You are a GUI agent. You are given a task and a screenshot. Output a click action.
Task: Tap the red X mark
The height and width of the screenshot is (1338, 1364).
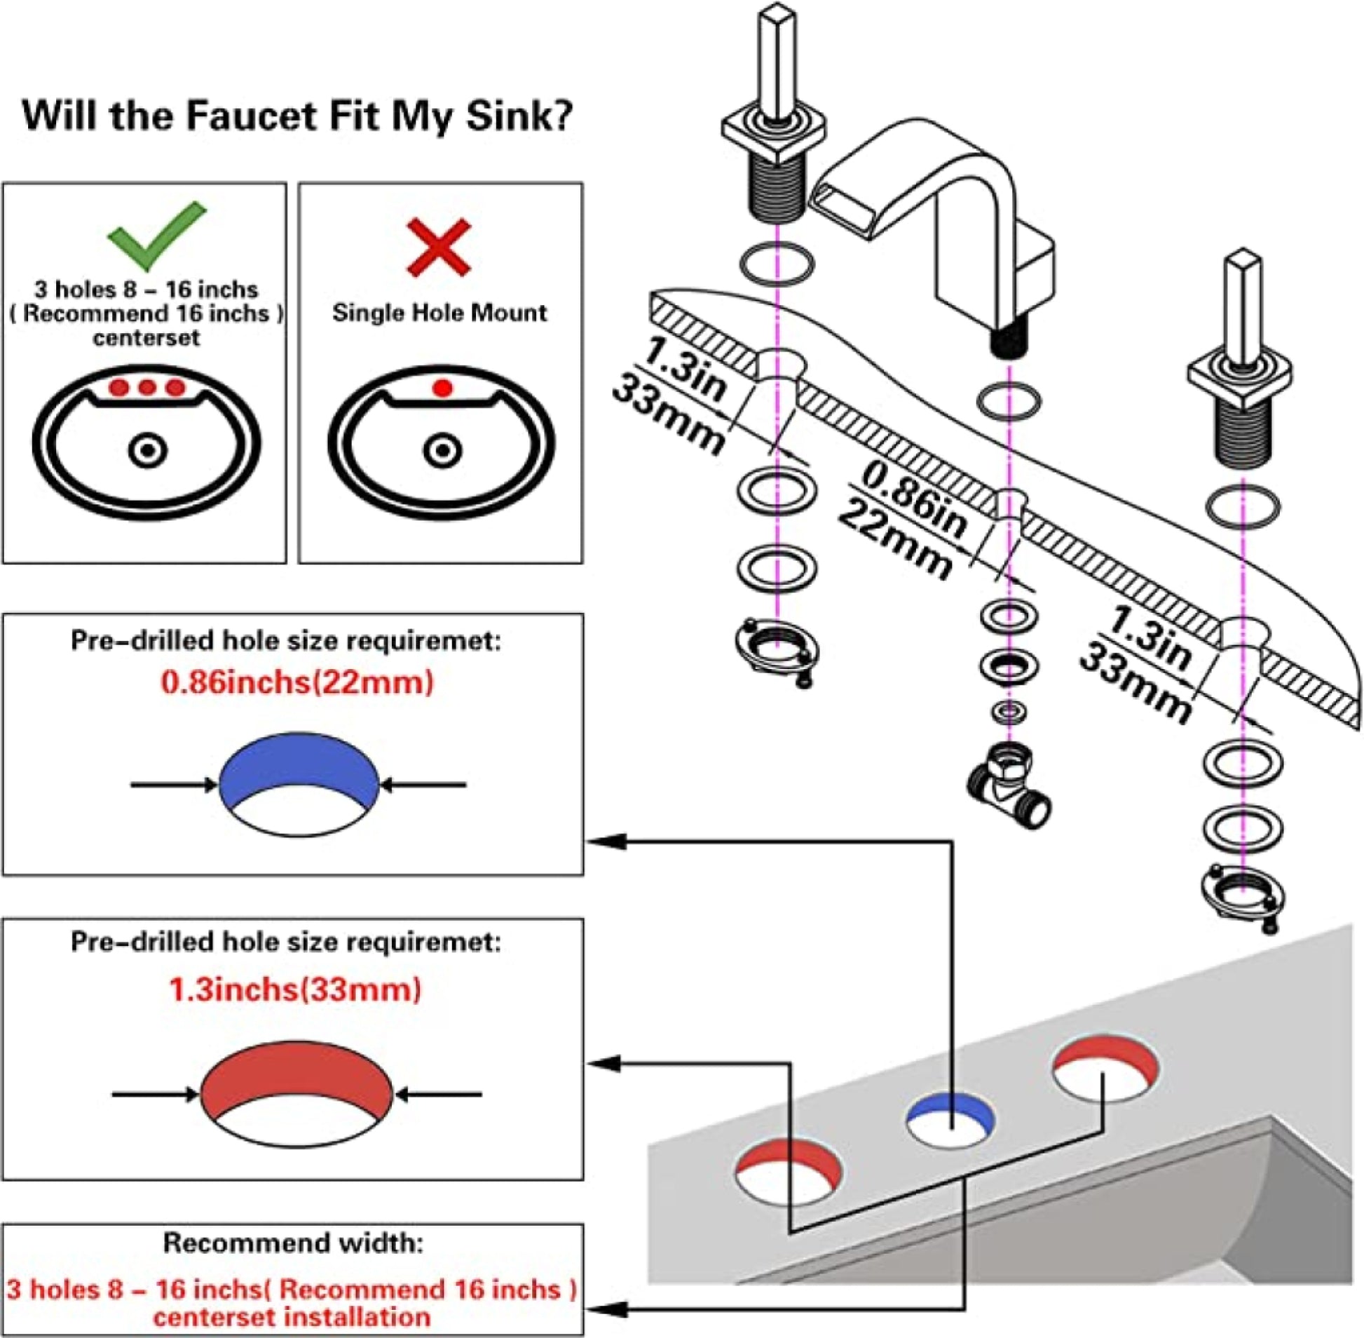[439, 247]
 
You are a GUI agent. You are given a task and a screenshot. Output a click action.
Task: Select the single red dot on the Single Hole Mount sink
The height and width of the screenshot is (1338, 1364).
[442, 388]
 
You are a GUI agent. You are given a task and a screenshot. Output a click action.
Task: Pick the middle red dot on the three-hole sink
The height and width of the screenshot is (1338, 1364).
[146, 387]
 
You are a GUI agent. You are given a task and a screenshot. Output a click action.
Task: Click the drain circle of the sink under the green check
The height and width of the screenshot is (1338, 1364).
[147, 450]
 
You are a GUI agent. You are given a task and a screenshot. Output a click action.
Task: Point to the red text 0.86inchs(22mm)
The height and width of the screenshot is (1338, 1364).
[297, 682]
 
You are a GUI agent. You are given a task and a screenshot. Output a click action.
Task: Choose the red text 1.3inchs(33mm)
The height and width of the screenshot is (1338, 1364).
[295, 990]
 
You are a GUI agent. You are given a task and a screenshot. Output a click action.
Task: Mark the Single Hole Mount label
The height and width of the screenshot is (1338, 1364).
[439, 313]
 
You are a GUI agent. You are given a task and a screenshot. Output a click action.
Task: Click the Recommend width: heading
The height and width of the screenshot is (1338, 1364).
[293, 1243]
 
